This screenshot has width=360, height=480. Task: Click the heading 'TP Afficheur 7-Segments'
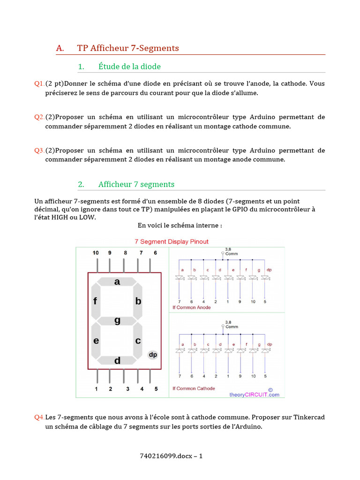pyautogui.click(x=128, y=48)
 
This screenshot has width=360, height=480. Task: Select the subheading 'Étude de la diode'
pyautogui.click(x=129, y=67)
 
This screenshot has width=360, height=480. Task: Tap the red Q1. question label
pyautogui.click(x=39, y=83)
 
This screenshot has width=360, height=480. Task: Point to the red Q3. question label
pyautogui.click(x=39, y=150)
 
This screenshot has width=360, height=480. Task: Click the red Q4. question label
pyautogui.click(x=39, y=417)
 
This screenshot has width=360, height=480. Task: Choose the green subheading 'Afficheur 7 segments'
pyautogui.click(x=136, y=184)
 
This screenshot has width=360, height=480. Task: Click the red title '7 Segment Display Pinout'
pyautogui.click(x=172, y=241)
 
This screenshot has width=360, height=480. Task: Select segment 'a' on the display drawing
pyautogui.click(x=117, y=282)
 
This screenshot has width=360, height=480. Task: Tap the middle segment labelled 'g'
pyautogui.click(x=117, y=321)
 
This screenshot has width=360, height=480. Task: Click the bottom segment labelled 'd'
pyautogui.click(x=117, y=360)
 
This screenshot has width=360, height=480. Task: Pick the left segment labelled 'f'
pyautogui.click(x=96, y=301)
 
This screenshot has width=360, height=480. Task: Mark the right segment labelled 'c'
pyautogui.click(x=138, y=341)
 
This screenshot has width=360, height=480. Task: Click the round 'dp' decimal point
pyautogui.click(x=153, y=355)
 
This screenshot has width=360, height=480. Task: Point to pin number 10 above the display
pyautogui.click(x=96, y=253)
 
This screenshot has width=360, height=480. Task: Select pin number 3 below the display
pyautogui.click(x=127, y=389)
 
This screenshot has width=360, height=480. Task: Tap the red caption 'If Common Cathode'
pyautogui.click(x=194, y=388)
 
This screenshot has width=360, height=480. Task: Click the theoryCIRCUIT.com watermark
pyautogui.click(x=254, y=394)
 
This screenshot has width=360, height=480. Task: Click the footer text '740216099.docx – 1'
pyautogui.click(x=172, y=456)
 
